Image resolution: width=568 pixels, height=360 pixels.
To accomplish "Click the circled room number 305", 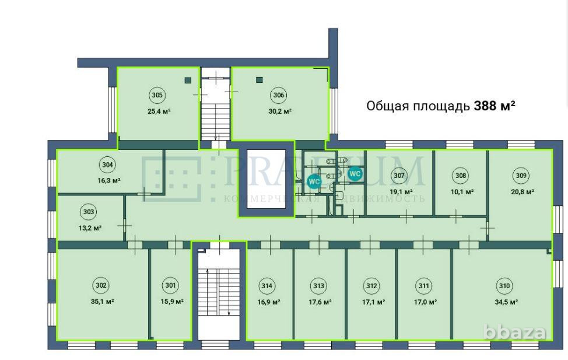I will tap(157, 95).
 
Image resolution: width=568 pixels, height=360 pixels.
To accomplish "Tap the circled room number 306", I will tap(278, 95).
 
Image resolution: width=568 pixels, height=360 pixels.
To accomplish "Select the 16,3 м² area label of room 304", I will tap(110, 181).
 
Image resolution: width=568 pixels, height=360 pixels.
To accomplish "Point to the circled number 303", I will tap(89, 212).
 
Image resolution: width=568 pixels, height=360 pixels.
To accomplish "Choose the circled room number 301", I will tap(170, 286).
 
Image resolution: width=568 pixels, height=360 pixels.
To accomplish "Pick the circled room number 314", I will tap(267, 286).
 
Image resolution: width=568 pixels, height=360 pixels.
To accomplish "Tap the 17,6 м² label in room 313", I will tap(320, 302).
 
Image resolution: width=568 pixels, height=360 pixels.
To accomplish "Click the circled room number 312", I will tap(371, 286).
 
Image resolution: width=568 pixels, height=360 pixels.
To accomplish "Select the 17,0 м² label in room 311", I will tap(424, 302).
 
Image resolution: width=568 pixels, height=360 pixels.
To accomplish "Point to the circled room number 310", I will tap(504, 286).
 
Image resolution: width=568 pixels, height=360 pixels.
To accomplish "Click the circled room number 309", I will tap(521, 175).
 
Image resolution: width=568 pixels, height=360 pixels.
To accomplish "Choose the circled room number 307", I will tap(399, 175).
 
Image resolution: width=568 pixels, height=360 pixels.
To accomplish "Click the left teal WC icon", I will tap(314, 181).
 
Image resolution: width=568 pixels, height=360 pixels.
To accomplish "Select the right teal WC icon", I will tap(355, 173).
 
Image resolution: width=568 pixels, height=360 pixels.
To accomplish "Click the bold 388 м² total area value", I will tap(495, 106).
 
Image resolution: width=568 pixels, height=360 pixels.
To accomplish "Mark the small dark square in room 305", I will tap(188, 81).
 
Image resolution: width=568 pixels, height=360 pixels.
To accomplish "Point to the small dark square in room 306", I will tap(260, 79).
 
